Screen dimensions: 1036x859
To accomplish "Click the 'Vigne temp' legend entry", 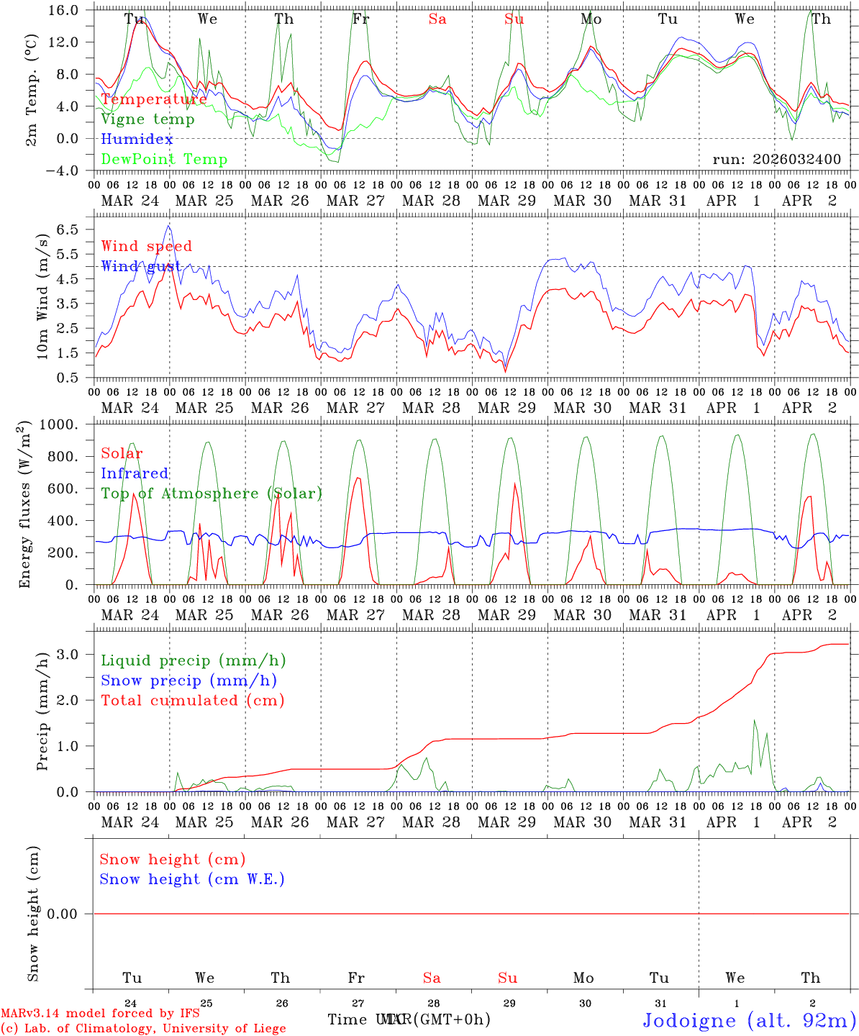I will pyautogui.click(x=147, y=119).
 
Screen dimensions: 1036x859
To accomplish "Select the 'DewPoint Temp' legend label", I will pyautogui.click(x=164, y=159).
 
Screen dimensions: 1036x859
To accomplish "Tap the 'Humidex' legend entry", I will pyautogui.click(x=137, y=139).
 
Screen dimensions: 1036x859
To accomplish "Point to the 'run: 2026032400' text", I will pyautogui.click(x=776, y=159).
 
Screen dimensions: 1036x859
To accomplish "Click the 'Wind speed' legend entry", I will pyautogui.click(x=147, y=246).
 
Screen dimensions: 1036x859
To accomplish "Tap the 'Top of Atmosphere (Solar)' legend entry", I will pyautogui.click(x=211, y=494).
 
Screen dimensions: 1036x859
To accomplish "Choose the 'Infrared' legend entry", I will pyautogui.click(x=135, y=473).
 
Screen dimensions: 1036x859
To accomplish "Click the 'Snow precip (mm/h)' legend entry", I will pyautogui.click(x=188, y=681).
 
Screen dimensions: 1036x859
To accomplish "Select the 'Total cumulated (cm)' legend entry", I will pyautogui.click(x=192, y=700).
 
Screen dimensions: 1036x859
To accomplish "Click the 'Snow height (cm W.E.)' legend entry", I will pyautogui.click(x=191, y=879).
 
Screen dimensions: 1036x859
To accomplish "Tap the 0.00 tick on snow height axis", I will pyautogui.click(x=71, y=914).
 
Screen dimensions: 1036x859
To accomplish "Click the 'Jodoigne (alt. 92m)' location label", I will pyautogui.click(x=749, y=1020).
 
